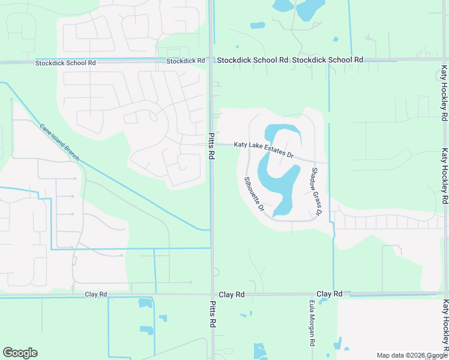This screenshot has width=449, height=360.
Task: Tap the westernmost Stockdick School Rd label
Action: tap(65, 62)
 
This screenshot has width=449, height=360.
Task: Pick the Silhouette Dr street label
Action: tap(254, 194)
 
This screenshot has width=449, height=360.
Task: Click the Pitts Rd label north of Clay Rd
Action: tap(211, 146)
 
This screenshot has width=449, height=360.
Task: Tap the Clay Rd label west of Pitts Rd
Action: tap(96, 294)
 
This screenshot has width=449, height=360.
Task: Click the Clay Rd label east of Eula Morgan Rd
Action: tap(329, 294)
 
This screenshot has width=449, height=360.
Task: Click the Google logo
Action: tap(20, 353)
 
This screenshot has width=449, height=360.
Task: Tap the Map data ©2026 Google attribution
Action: tap(411, 355)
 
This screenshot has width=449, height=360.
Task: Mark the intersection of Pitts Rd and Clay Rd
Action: tap(212, 295)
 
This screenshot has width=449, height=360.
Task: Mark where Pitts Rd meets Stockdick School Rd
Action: tap(211, 60)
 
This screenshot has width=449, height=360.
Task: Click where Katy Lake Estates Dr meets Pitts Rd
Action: tap(211, 144)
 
